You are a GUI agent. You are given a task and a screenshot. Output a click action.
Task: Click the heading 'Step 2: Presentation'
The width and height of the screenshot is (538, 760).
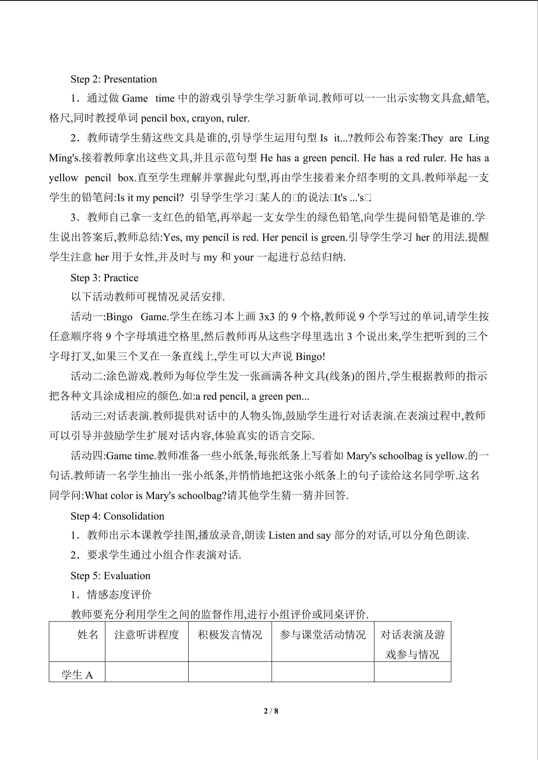(114, 79)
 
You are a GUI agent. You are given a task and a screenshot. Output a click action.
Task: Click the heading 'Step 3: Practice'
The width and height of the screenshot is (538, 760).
(104, 277)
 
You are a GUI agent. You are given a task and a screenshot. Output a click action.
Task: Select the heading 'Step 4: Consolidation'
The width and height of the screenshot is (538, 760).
(117, 516)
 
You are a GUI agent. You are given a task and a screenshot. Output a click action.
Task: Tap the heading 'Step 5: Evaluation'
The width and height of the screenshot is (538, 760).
(110, 575)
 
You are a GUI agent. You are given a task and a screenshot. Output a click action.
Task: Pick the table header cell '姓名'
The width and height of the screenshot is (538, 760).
(88, 634)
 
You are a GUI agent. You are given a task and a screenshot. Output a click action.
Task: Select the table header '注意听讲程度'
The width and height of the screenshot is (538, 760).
(147, 634)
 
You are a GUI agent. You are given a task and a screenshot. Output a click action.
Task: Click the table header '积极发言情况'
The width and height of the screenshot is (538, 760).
(230, 634)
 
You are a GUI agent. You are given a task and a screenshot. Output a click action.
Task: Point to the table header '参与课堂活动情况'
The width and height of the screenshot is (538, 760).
(323, 634)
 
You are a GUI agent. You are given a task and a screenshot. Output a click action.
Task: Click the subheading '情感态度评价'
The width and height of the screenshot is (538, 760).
(119, 595)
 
